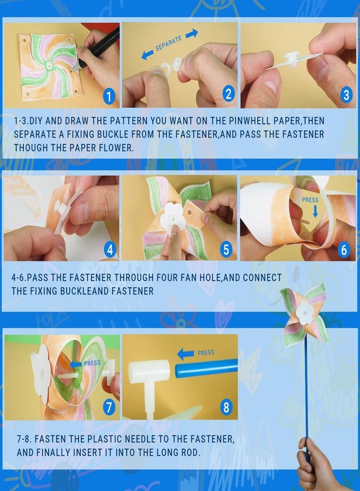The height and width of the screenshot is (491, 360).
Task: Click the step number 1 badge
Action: click(x=109, y=97)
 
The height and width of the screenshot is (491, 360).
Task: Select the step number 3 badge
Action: click(x=346, y=94)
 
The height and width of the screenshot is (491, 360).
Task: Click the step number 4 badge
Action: click(x=110, y=249)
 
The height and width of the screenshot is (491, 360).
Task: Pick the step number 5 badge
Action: click(x=226, y=249)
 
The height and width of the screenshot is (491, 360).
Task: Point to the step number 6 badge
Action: click(x=344, y=249)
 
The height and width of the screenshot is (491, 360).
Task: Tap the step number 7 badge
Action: click(x=109, y=407)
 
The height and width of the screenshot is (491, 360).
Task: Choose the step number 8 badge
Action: click(x=226, y=407)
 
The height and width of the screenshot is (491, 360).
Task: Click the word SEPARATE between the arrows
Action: click(x=169, y=43)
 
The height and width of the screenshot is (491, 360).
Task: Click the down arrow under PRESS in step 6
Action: click(x=315, y=211)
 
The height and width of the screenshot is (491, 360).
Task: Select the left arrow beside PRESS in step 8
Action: click(x=185, y=354)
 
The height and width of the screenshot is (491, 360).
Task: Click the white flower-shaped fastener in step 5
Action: click(x=171, y=217)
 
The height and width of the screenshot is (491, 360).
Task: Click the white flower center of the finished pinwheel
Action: click(x=304, y=313)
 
